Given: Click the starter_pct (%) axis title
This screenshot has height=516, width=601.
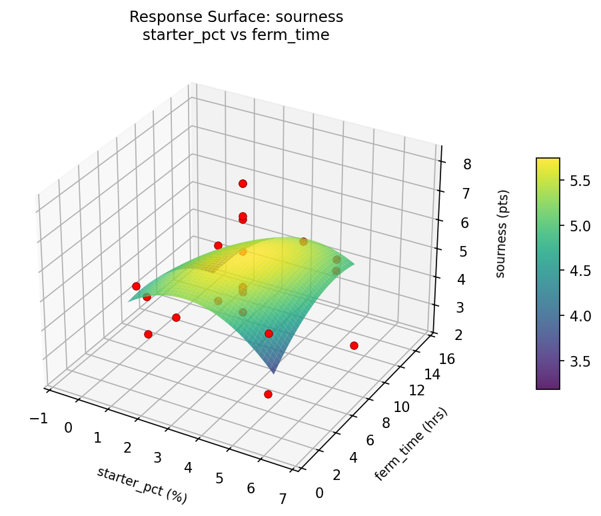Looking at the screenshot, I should tap(142, 485).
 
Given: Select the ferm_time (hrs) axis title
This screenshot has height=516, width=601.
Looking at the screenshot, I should tap(411, 443).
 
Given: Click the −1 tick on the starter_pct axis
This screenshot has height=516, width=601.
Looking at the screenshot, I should tap(39, 417).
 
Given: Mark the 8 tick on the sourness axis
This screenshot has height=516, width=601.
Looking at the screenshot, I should tap(449, 164).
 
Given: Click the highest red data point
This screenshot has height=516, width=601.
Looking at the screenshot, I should tap(243, 183).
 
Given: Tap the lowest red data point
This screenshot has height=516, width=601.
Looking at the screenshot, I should tap(268, 395).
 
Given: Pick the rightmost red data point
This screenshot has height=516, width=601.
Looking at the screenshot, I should tap(354, 345).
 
